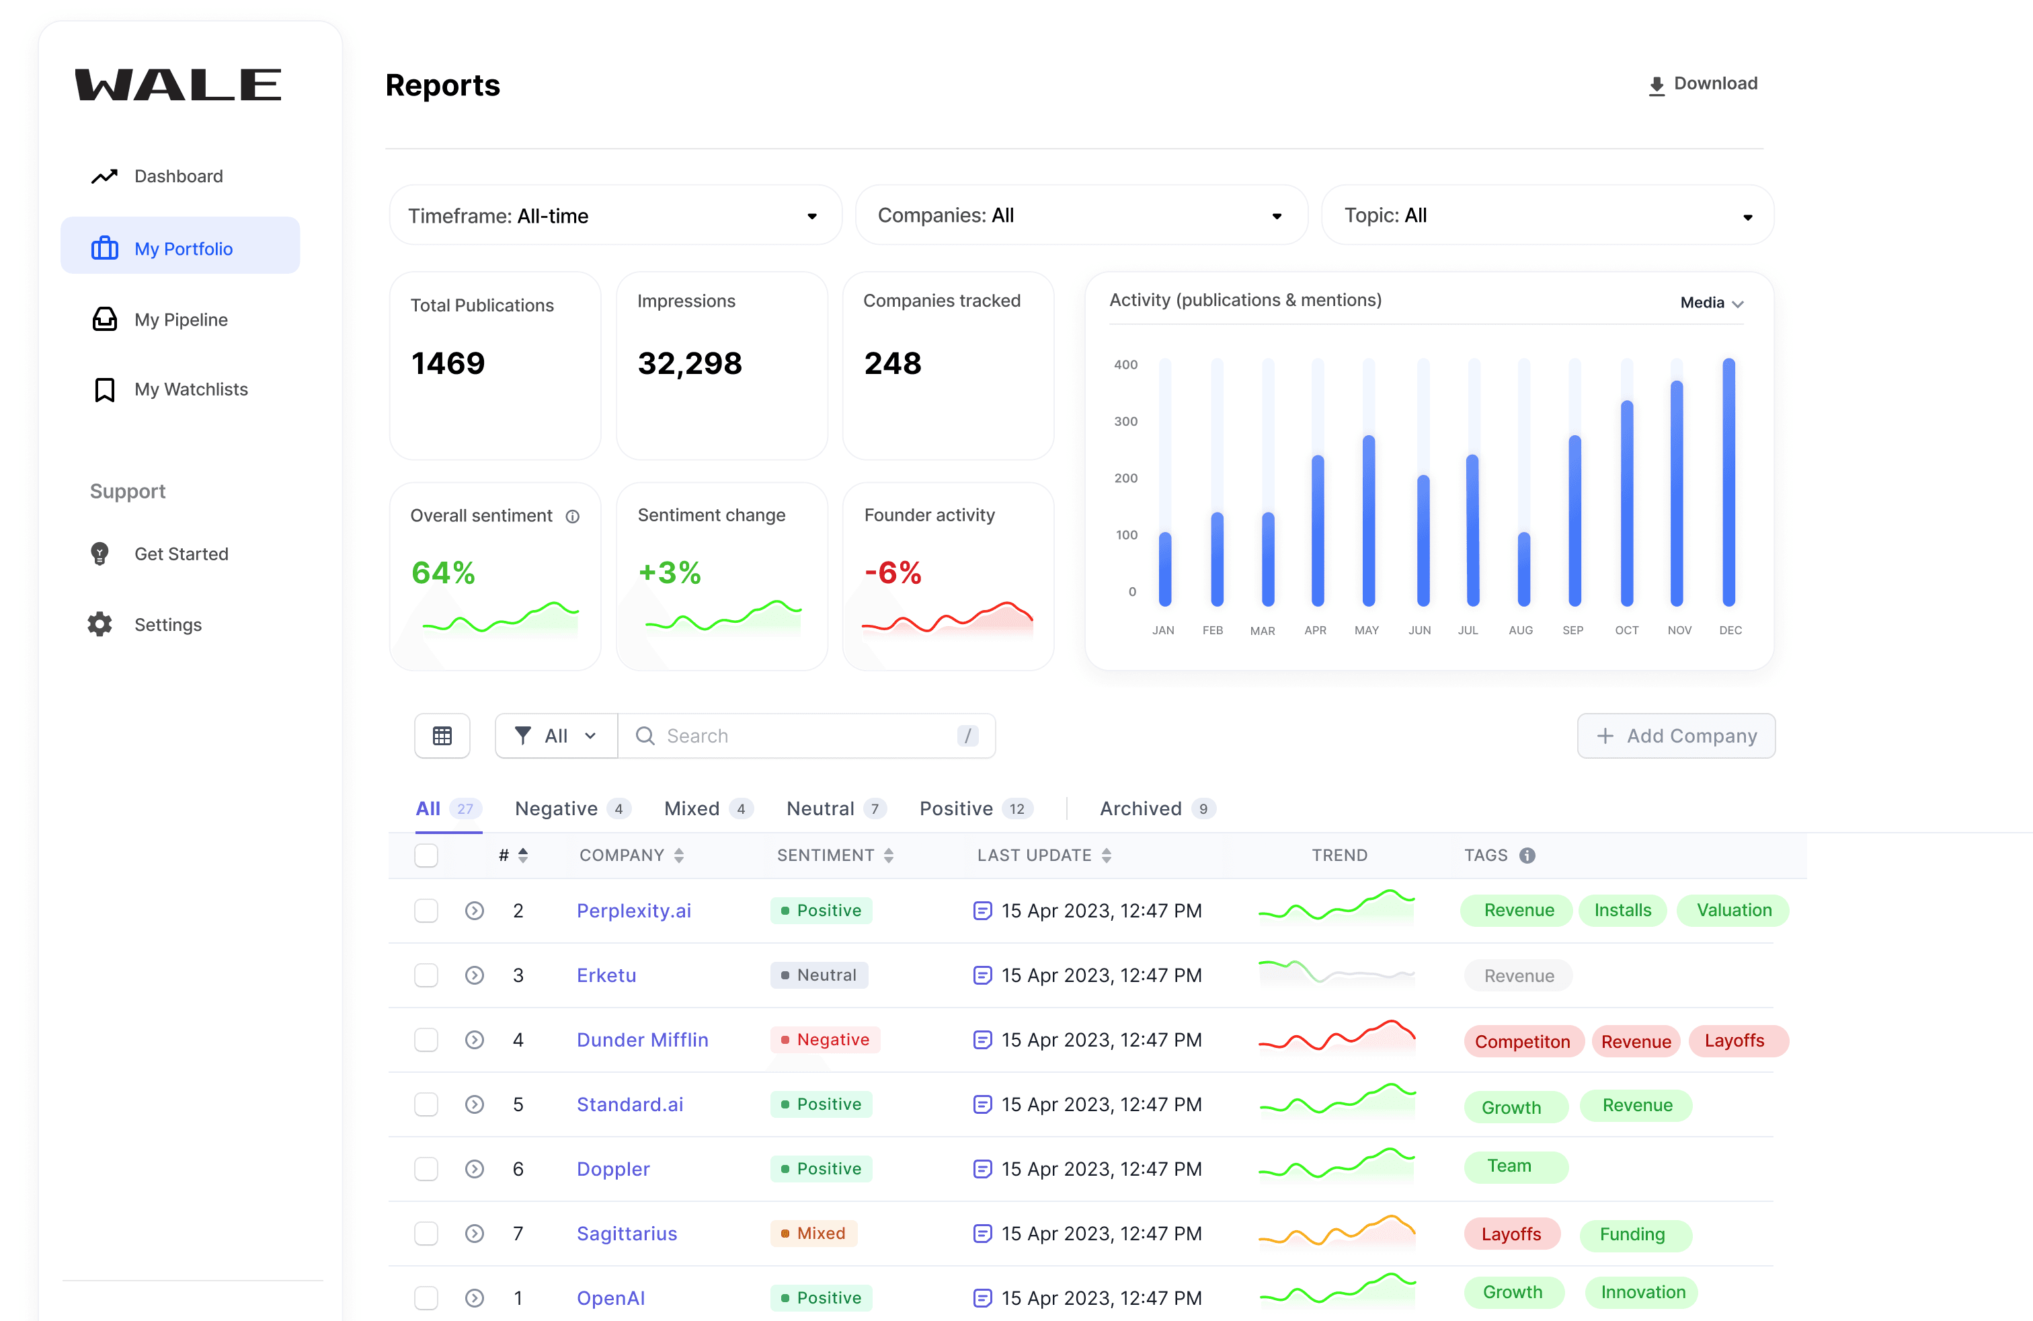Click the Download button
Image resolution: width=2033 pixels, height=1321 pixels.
pos(1702,83)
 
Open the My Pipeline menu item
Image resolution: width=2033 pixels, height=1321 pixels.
pos(180,319)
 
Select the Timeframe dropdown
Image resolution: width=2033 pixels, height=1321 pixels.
pos(615,215)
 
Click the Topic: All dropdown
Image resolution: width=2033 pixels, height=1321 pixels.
pos(1547,215)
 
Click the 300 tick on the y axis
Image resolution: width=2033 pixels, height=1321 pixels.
pos(1126,421)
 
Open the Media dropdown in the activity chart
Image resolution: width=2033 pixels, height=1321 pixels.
pos(1712,303)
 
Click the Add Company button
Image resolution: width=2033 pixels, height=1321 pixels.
pos(1676,736)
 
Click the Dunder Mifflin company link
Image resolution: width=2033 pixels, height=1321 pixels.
pos(642,1040)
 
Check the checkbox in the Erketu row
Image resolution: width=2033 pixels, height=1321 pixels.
pos(426,975)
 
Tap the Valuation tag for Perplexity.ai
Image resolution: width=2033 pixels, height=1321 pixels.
pos(1733,910)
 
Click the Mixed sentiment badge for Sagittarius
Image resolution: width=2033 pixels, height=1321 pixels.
pos(813,1233)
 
